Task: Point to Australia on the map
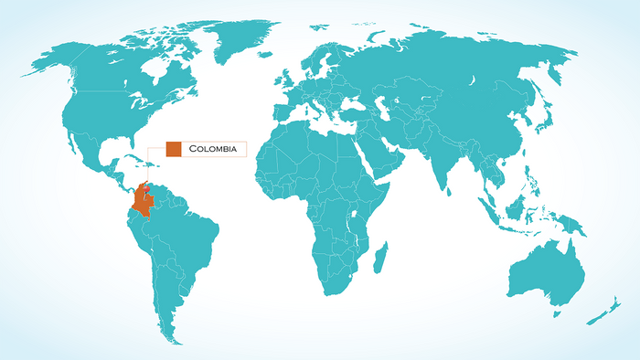[x=549, y=265]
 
